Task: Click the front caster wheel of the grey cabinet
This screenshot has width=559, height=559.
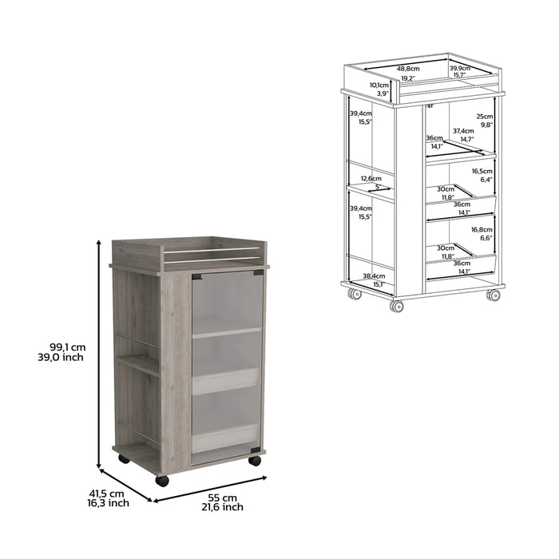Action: coord(162,481)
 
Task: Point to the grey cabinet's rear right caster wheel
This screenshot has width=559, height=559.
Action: coord(255,461)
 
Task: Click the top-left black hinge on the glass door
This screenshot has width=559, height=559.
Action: coord(196,276)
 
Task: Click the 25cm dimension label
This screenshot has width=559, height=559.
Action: coord(484,117)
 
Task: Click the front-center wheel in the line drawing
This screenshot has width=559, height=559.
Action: coord(396,306)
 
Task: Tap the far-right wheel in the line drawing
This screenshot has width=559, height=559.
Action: coord(494,295)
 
